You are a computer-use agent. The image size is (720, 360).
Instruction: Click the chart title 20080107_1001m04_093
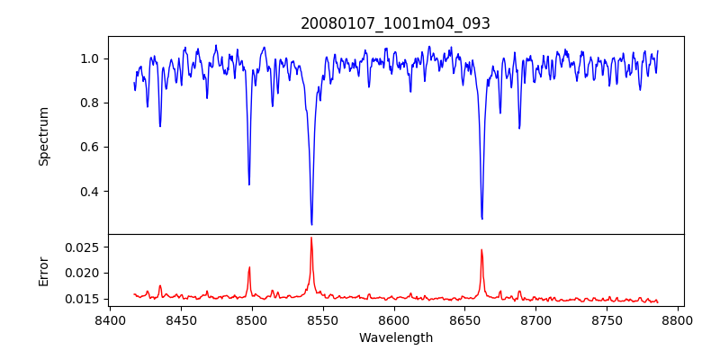pyautogui.click(x=395, y=23)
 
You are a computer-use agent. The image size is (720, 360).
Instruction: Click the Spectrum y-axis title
pyautogui.click(x=43, y=136)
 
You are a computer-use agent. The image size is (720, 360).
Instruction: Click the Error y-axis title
pyautogui.click(x=43, y=271)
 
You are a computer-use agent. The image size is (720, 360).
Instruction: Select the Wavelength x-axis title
pyautogui.click(x=395, y=338)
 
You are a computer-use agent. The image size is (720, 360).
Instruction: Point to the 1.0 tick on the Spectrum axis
pyautogui.click(x=89, y=58)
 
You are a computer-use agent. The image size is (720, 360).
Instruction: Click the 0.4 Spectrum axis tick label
pyautogui.click(x=89, y=192)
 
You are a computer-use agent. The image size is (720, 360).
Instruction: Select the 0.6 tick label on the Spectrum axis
pyautogui.click(x=89, y=147)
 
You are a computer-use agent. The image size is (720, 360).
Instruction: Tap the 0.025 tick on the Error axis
pyautogui.click(x=83, y=247)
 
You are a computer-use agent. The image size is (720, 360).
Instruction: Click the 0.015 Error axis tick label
pyautogui.click(x=83, y=299)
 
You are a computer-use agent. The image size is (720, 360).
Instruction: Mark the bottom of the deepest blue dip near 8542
pyautogui.click(x=311, y=224)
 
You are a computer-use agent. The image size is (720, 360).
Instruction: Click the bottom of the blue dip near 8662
pyautogui.click(x=481, y=219)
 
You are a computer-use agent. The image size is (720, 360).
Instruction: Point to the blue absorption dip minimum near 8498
pyautogui.click(x=249, y=184)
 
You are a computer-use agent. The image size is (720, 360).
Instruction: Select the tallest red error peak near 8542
pyautogui.click(x=311, y=238)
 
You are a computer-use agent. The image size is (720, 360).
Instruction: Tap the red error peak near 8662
pyautogui.click(x=481, y=250)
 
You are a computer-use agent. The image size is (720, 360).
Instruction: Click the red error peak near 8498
pyautogui.click(x=249, y=267)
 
